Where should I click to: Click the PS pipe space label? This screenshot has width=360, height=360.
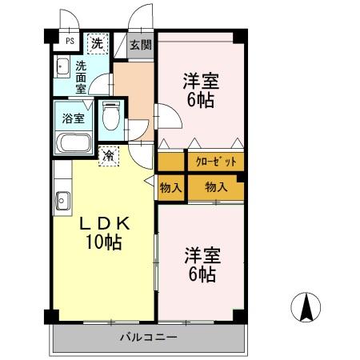70,42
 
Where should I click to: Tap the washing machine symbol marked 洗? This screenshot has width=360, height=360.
98,44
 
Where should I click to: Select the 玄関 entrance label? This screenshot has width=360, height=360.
141,45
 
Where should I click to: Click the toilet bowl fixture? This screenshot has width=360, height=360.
111,116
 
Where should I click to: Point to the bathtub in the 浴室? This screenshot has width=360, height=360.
74,143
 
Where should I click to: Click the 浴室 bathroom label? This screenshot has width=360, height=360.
74,118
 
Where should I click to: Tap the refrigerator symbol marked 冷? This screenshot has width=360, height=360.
109,156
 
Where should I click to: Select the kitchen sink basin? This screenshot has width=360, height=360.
62,201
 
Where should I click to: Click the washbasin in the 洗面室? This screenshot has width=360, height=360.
62,67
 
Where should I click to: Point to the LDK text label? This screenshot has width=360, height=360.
105,223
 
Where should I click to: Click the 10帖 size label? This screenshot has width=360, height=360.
103,242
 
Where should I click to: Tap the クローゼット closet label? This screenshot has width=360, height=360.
216,162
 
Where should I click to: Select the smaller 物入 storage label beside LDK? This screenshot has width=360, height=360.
170,188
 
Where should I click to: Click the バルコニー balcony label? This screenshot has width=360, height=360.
149,338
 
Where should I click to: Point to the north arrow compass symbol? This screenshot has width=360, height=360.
306,307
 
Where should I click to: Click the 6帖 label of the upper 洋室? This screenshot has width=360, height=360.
201,100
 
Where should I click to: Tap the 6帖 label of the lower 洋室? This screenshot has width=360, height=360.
202,274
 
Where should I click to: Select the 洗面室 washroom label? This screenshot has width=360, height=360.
81,78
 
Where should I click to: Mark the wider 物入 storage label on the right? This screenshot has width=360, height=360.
216,187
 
